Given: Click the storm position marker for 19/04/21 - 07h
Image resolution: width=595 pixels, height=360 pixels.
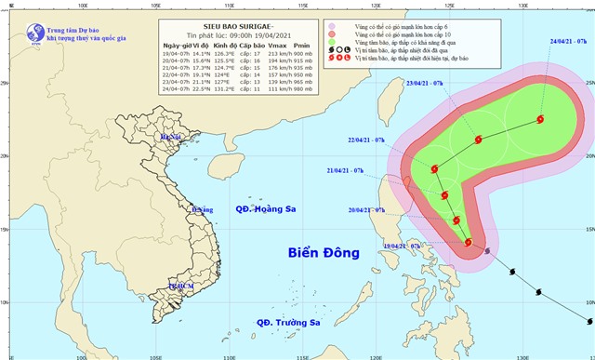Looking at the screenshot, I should [x=469, y=243].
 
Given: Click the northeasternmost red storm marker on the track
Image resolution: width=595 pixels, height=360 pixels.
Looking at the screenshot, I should [x=541, y=118].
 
